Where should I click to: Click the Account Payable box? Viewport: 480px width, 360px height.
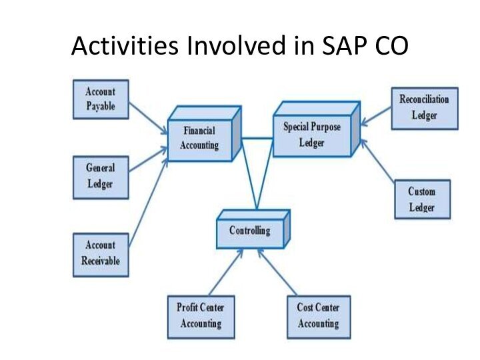tap(101, 99)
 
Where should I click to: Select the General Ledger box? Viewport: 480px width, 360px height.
tap(101, 177)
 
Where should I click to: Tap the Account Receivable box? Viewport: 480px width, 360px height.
tap(101, 255)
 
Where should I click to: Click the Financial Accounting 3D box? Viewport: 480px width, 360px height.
tap(205, 133)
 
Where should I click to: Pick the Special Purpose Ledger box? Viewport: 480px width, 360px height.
tap(316, 129)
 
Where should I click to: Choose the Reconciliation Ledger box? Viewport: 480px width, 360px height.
tap(425, 109)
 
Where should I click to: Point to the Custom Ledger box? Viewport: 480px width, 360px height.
tap(423, 199)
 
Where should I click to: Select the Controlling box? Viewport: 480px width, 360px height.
tap(253, 229)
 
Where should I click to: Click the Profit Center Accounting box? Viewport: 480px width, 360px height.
tap(201, 317)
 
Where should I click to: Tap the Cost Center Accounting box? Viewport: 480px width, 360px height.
tap(319, 317)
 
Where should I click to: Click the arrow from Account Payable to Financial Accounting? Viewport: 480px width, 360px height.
tap(149, 119)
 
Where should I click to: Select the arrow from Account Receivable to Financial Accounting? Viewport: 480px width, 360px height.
tap(149, 203)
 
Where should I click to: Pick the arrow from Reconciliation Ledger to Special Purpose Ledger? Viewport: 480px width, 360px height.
tap(376, 116)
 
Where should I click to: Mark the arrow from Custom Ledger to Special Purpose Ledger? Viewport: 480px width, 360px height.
tap(378, 161)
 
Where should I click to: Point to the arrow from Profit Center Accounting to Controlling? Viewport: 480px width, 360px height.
tap(226, 272)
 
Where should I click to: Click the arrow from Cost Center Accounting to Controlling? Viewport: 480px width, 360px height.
tap(277, 272)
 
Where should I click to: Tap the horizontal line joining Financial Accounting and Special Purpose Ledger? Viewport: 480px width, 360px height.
tap(257, 139)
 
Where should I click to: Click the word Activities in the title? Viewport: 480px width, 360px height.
tap(125, 45)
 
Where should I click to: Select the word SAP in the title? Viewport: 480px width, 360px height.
tap(345, 45)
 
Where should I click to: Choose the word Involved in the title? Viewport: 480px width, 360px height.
tap(236, 45)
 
